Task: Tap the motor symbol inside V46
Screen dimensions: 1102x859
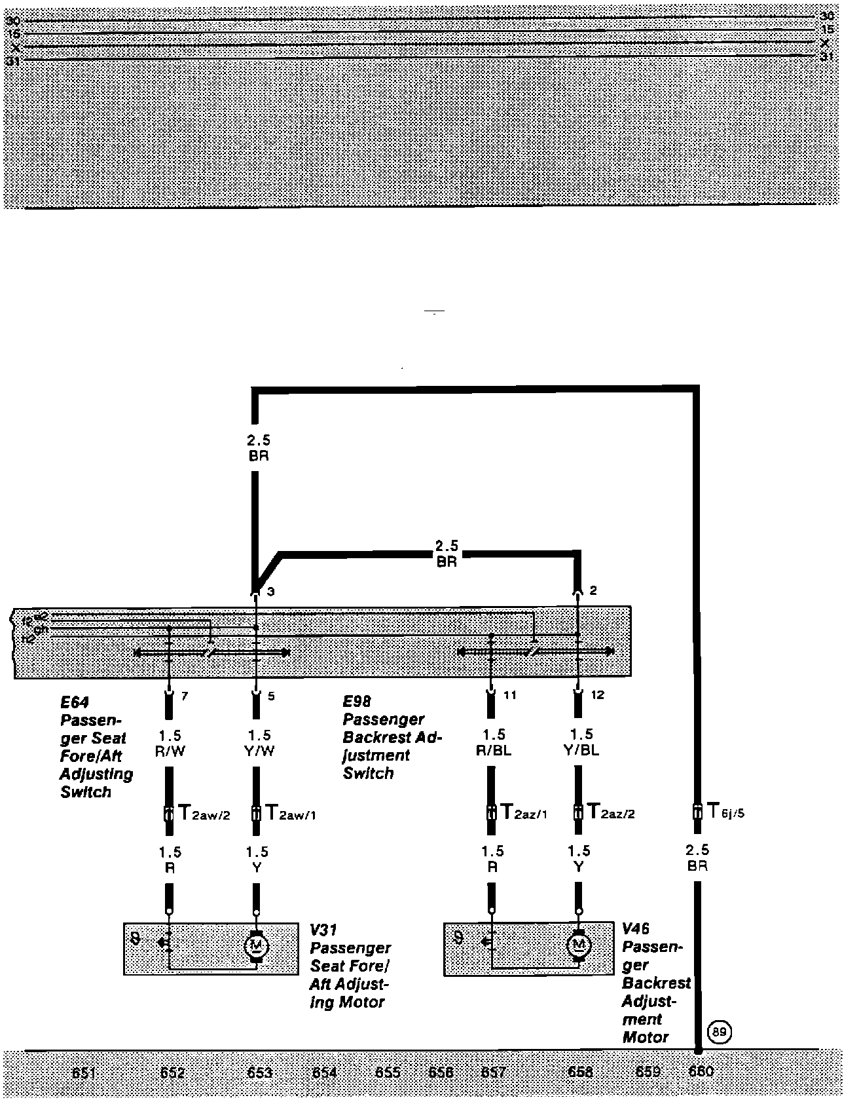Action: (x=578, y=945)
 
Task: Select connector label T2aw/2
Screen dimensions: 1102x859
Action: (x=204, y=814)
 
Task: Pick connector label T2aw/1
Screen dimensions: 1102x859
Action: (x=291, y=814)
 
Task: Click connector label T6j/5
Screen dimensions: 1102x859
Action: (x=725, y=812)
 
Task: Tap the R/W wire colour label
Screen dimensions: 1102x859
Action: (x=170, y=751)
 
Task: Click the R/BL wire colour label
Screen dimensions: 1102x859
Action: (x=493, y=751)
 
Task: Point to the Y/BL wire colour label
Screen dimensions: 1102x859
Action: (x=580, y=751)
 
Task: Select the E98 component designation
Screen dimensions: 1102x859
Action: (x=356, y=701)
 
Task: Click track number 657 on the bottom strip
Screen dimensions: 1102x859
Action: (x=493, y=1072)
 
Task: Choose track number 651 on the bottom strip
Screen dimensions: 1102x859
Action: (x=85, y=1073)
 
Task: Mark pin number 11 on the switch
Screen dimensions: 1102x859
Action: (x=510, y=695)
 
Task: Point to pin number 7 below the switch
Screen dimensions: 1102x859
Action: (x=185, y=696)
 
